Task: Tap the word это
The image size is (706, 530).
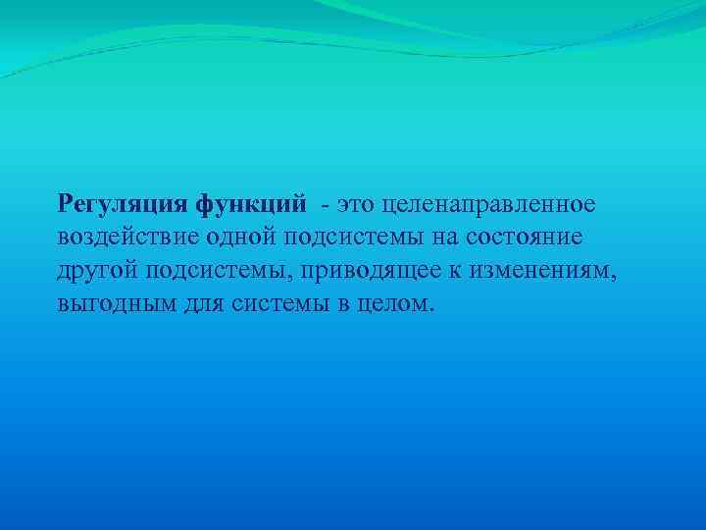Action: click(358, 203)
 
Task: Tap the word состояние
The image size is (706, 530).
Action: click(529, 237)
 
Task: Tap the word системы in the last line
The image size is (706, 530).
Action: click(279, 303)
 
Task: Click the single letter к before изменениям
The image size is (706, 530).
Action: click(467, 270)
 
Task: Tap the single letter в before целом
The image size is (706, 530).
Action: click(339, 303)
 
